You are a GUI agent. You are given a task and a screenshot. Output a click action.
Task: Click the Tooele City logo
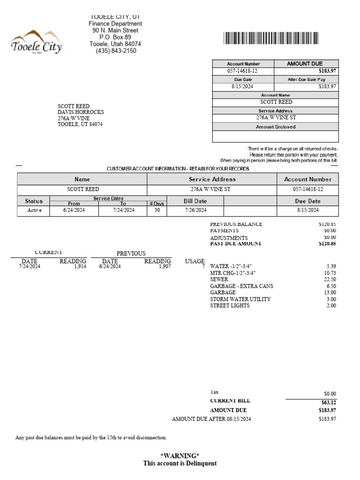tap(36, 43)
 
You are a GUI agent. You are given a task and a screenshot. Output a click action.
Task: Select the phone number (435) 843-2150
tap(116, 51)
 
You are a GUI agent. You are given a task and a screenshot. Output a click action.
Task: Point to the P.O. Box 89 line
tap(115, 37)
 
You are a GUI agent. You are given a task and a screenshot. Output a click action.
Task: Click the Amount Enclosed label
tap(276, 127)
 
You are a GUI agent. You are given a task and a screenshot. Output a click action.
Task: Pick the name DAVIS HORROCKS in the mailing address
tap(81, 112)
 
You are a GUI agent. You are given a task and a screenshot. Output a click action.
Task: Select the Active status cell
tap(35, 210)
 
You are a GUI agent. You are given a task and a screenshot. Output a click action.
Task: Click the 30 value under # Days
tap(157, 210)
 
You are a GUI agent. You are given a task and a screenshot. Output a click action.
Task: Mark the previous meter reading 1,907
tap(165, 266)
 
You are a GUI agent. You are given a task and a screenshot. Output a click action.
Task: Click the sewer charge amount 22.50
tap(330, 279)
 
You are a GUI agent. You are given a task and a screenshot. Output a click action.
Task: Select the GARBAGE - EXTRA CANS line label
tap(241, 286)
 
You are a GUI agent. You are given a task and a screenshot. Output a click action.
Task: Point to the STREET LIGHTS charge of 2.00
tap(331, 306)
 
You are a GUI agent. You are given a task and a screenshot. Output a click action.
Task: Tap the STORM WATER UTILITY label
tap(240, 299)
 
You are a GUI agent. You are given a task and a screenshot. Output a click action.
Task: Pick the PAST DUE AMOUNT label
tap(236, 244)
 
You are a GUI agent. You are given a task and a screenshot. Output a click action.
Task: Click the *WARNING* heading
tap(180, 456)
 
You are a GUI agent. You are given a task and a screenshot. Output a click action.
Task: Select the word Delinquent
tap(200, 464)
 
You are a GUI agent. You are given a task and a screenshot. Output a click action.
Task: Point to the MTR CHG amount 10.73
tap(330, 273)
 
